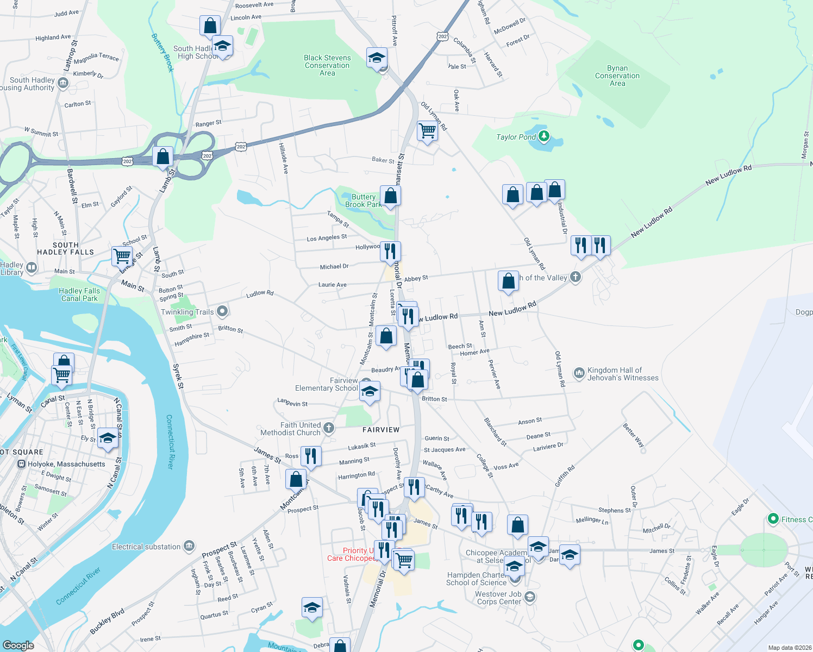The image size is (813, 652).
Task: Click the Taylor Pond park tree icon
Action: [544, 136]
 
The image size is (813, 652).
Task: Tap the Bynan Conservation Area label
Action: [617, 76]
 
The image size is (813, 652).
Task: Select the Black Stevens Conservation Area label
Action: [327, 65]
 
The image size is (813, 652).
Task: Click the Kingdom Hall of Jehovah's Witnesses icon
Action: [579, 373]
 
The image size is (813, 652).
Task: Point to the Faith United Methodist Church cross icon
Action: [328, 429]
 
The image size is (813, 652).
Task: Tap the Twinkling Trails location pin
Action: [222, 311]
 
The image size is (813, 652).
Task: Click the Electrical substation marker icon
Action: [189, 546]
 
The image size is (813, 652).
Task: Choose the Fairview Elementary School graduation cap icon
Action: [370, 391]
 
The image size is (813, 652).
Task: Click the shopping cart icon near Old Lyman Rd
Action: [428, 131]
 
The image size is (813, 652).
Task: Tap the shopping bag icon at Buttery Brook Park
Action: [390, 195]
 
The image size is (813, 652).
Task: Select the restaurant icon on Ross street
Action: [311, 455]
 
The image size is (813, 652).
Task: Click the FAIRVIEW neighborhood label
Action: [381, 430]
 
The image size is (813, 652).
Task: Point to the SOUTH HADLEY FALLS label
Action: [66, 249]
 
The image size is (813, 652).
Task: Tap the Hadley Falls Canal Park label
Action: [79, 294]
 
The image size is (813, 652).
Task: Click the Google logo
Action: [18, 645]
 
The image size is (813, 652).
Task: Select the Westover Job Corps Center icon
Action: [530, 598]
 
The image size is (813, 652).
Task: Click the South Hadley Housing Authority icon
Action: [63, 83]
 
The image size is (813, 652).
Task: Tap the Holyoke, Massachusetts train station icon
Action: [21, 464]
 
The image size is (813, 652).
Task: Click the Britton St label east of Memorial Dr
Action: [434, 399]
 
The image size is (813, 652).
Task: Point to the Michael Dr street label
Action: [334, 267]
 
